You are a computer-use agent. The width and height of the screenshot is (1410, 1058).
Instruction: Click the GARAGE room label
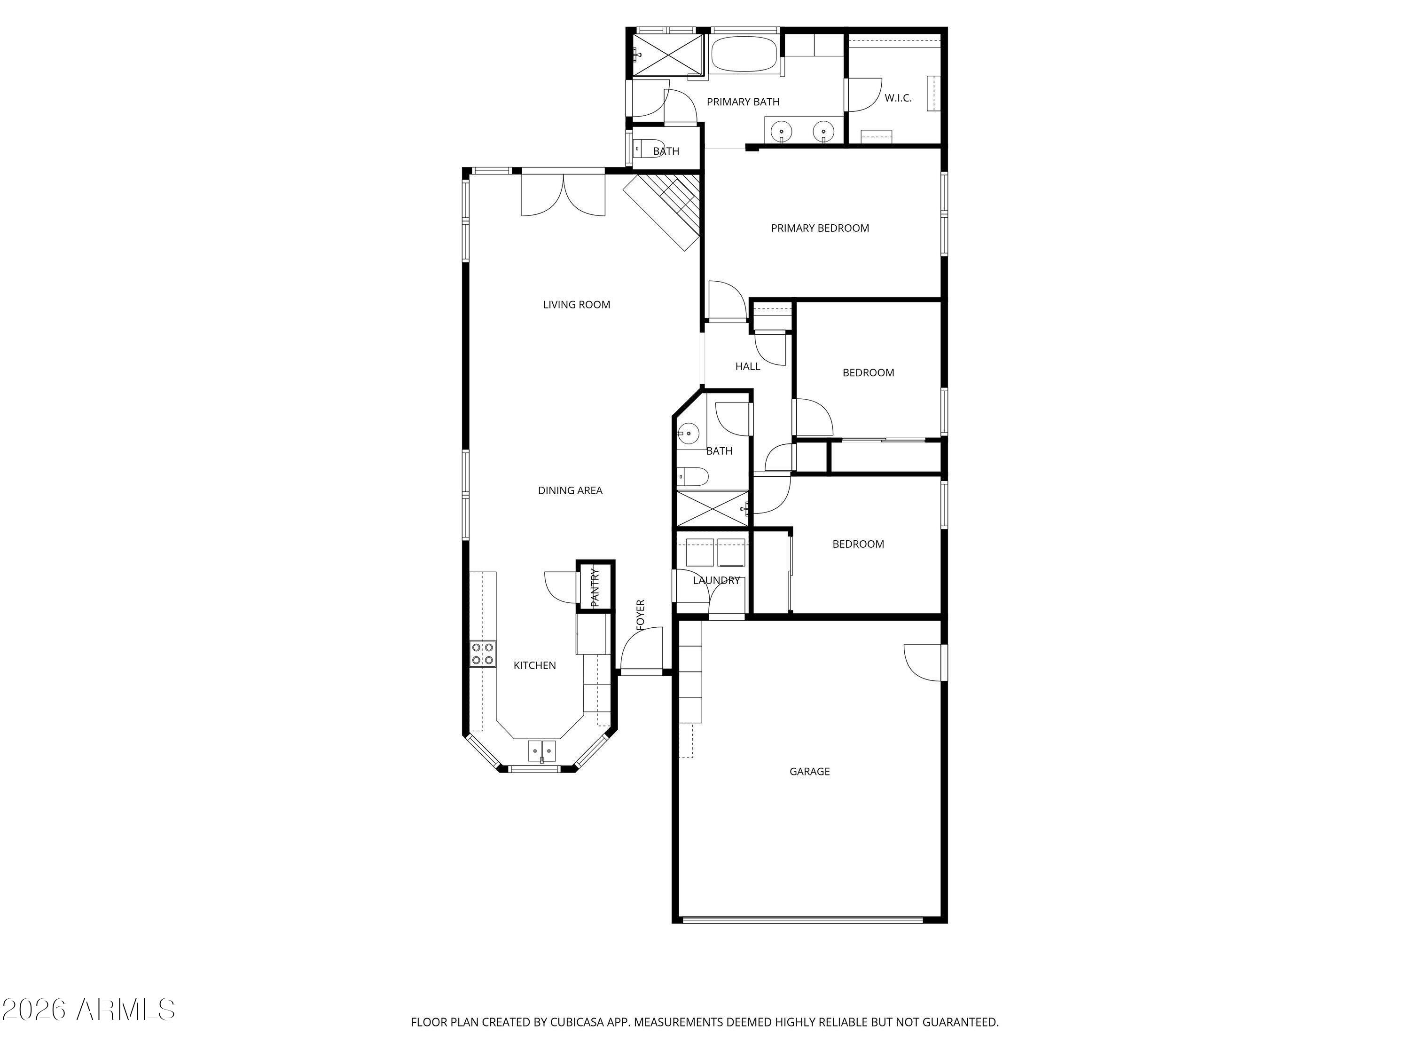(809, 771)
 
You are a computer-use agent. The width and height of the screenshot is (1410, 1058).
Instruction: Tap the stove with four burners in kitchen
(483, 654)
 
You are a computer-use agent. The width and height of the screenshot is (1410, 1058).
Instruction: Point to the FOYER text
(641, 615)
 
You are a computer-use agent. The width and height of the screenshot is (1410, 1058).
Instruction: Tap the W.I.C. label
(898, 98)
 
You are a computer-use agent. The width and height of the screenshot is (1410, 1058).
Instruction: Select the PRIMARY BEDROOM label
(820, 228)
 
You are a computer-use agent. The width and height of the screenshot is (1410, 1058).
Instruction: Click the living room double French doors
(563, 195)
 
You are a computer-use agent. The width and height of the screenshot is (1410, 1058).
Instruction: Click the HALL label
(748, 366)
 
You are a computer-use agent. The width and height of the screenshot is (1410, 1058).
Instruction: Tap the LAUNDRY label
(716, 580)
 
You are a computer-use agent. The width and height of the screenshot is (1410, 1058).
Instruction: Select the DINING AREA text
(570, 490)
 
